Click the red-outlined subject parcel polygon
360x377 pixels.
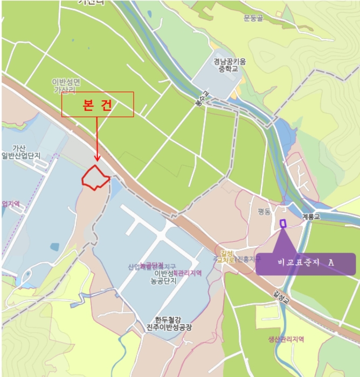pyautogui.click(x=95, y=177)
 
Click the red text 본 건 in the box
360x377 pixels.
pyautogui.click(x=97, y=105)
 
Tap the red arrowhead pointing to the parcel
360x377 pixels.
pyautogui.click(x=97, y=157)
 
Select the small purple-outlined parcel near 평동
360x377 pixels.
pyautogui.click(x=282, y=223)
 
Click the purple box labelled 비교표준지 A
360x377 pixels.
pyautogui.click(x=305, y=263)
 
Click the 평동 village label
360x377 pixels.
pyautogui.click(x=264, y=212)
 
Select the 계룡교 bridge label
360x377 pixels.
pyautogui.click(x=311, y=217)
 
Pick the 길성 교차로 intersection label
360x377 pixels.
pyautogui.click(x=225, y=256)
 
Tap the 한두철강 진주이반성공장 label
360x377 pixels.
pyautogui.click(x=169, y=323)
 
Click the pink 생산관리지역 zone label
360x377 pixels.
pyautogui.click(x=286, y=339)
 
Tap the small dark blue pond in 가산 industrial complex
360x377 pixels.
pyautogui.click(x=54, y=247)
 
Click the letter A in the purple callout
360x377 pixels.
pyautogui.click(x=331, y=262)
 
